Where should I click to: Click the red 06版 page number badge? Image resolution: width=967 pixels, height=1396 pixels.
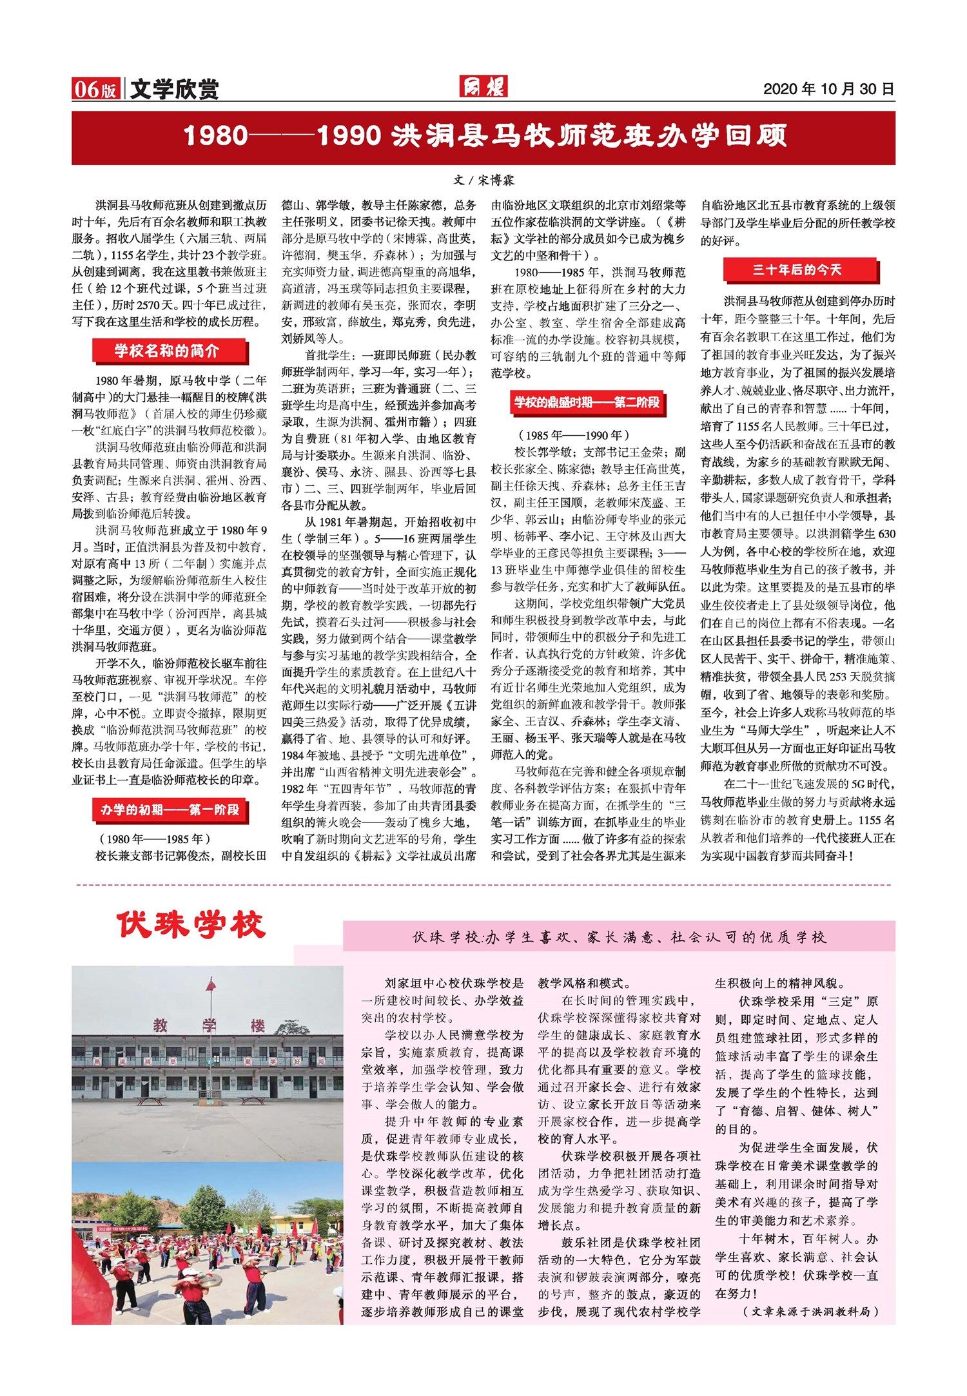point(96,90)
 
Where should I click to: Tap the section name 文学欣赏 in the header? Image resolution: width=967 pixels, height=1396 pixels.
point(174,90)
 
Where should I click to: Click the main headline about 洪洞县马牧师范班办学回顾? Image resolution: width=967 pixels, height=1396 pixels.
point(484,137)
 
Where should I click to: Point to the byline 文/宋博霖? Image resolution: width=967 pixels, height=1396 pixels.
point(484,181)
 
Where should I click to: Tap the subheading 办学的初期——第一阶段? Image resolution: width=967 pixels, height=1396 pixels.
point(170,810)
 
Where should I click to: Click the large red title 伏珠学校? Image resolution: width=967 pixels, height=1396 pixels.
point(191,926)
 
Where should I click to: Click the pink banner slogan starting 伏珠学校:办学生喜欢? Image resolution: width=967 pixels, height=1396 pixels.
point(619,937)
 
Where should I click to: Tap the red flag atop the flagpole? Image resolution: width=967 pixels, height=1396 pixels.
point(211,985)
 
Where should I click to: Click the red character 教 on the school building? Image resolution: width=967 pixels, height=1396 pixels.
point(160,1025)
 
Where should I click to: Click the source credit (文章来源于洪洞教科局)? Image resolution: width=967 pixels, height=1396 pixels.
point(810,1312)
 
